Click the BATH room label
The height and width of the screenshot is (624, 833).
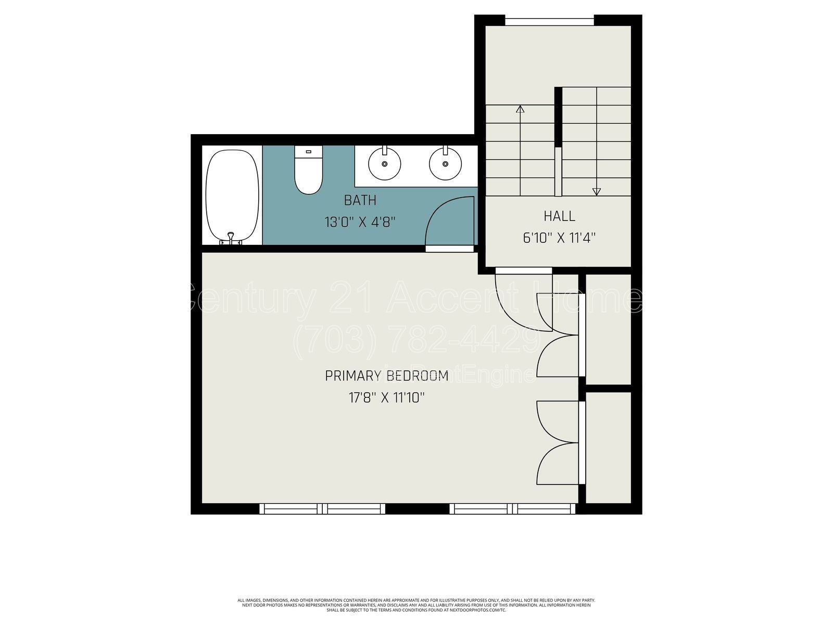360,200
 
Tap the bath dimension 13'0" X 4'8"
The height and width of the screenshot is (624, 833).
360,223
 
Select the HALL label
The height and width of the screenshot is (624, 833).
559,216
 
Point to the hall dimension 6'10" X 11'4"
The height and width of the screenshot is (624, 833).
559,238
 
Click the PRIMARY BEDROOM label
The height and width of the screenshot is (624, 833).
386,376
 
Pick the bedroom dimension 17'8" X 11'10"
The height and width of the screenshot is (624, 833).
386,398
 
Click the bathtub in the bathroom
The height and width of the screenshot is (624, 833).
232,195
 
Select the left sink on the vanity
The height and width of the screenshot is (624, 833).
384,163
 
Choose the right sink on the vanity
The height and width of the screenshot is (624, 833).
445,163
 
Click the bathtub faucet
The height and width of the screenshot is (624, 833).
230,240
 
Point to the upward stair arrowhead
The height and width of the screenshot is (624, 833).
520,109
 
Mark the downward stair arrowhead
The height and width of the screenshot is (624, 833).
597,191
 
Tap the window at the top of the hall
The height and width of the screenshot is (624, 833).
549,21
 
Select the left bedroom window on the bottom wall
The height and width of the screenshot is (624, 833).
323,509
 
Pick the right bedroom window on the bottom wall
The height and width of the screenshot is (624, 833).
513,509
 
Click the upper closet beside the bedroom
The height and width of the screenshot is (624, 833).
608,330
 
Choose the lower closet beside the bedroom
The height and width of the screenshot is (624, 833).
608,447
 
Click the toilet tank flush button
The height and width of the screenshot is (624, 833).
308,152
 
